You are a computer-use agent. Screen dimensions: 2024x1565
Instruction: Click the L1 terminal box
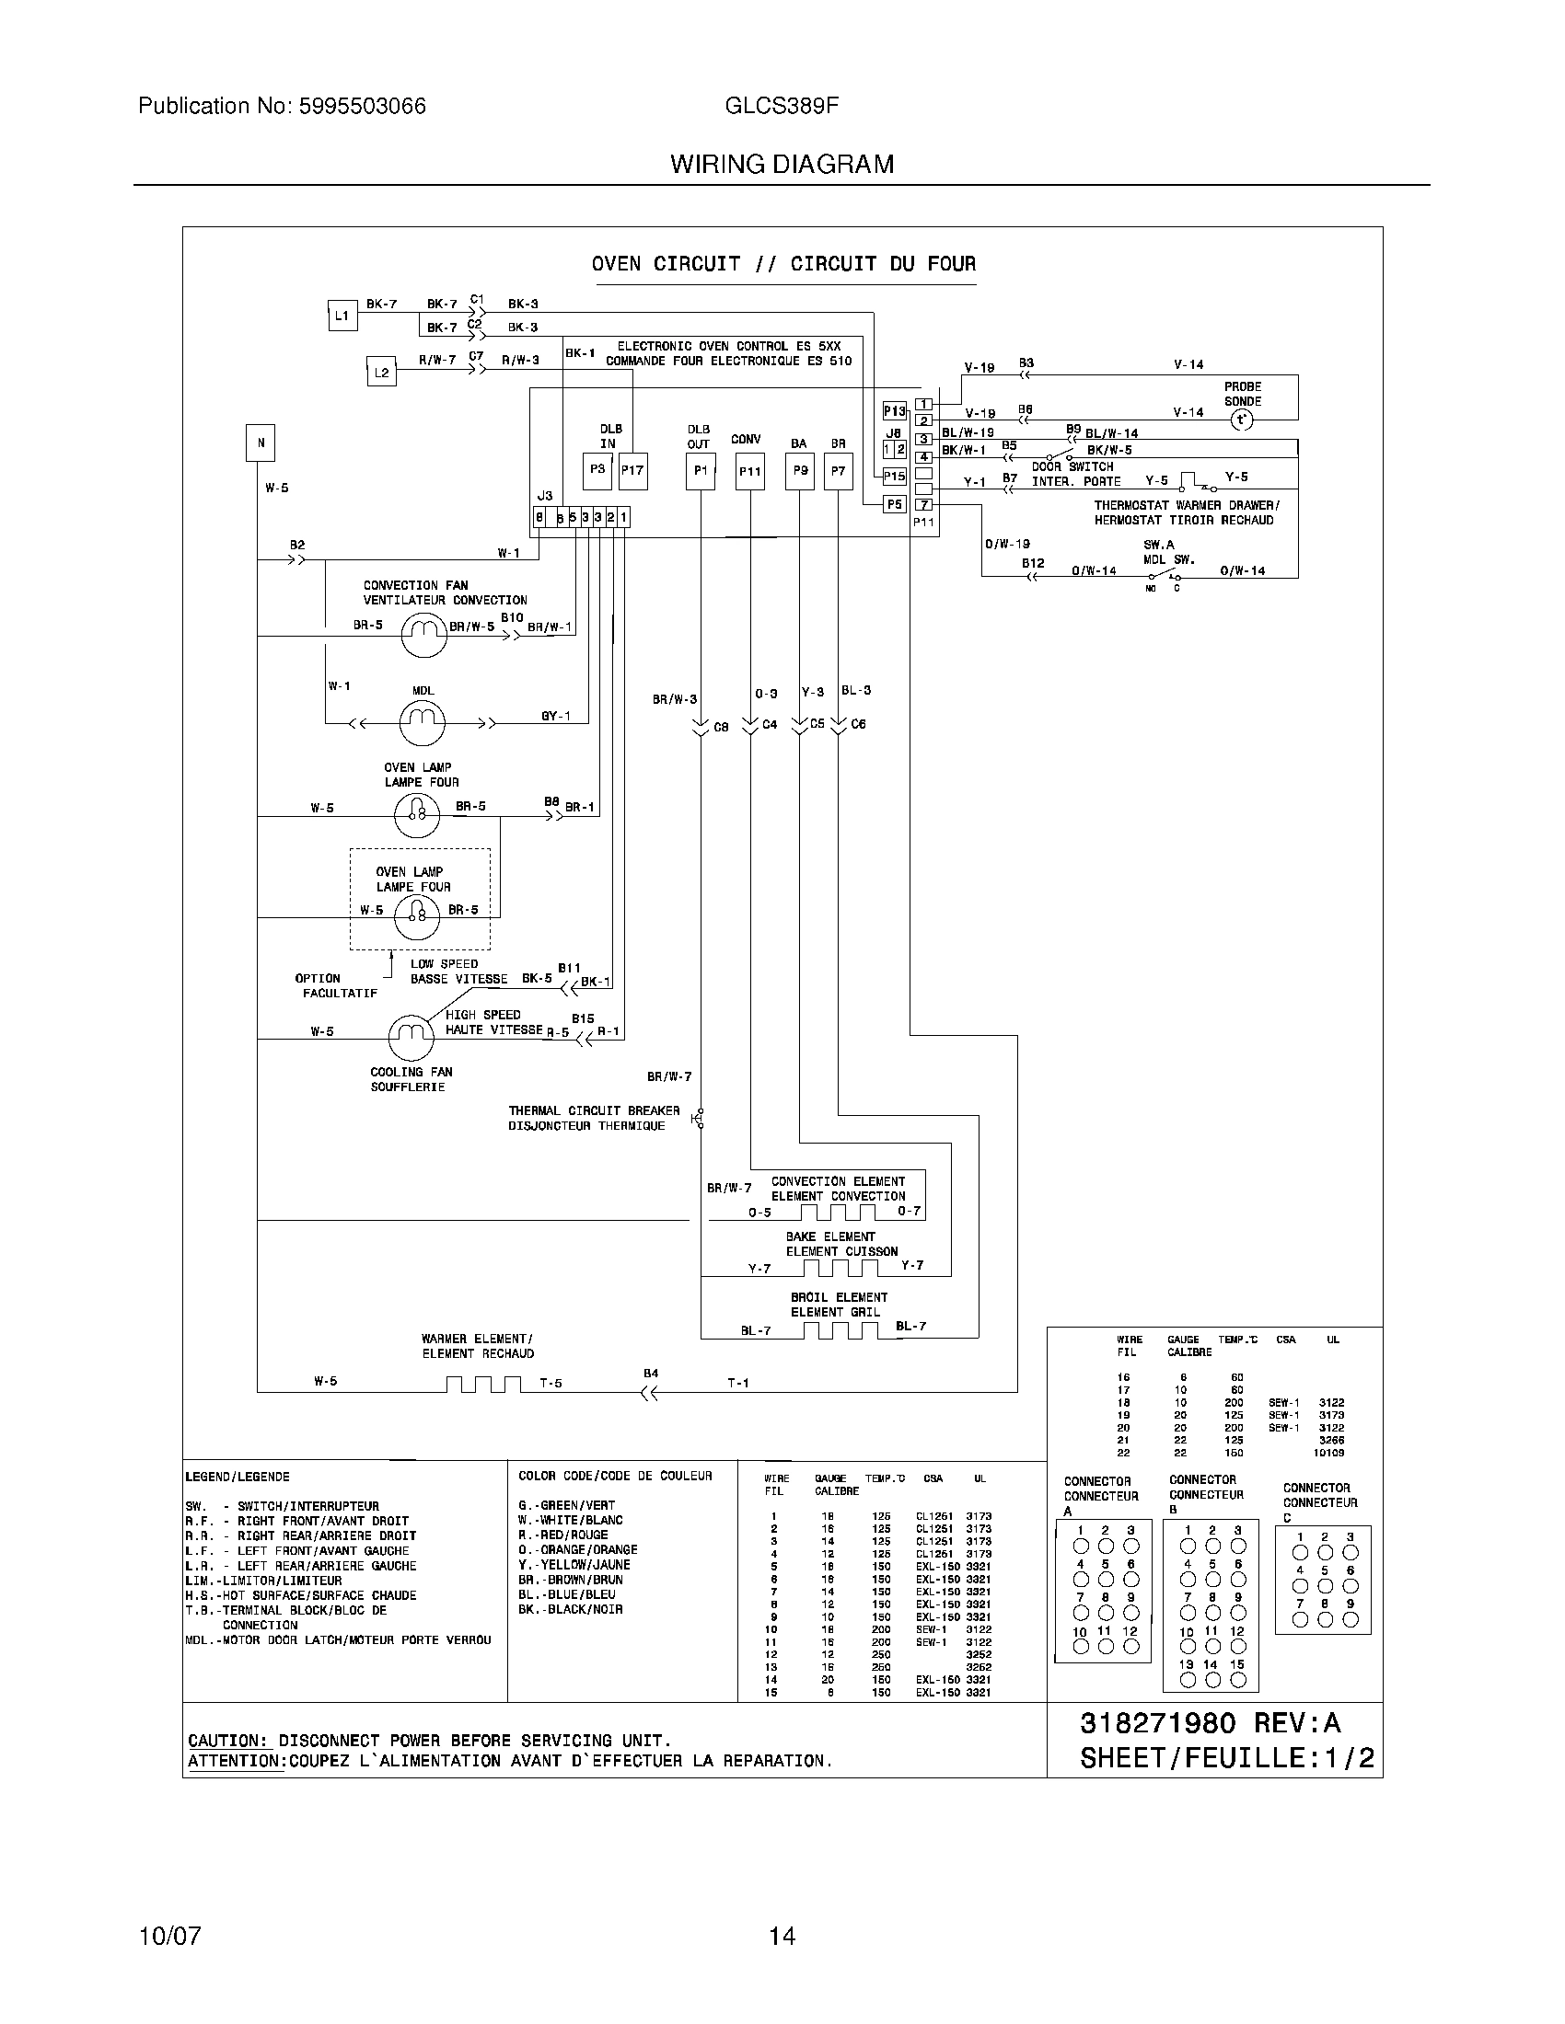pyautogui.click(x=342, y=316)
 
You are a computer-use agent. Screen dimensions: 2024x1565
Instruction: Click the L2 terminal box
pyautogui.click(x=381, y=373)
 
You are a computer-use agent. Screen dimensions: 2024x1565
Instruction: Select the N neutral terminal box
pyautogui.click(x=261, y=443)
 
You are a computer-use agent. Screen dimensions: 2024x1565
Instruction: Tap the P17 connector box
pyautogui.click(x=632, y=472)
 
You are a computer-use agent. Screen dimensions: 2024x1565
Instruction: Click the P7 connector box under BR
pyautogui.click(x=838, y=472)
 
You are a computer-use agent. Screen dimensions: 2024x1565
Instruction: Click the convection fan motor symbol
pyautogui.click(x=423, y=635)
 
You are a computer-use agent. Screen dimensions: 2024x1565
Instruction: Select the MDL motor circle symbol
pyautogui.click(x=423, y=722)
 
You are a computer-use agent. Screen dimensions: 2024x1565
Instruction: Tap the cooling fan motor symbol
pyautogui.click(x=411, y=1038)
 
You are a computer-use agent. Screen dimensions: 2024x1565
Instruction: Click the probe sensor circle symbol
pyautogui.click(x=1241, y=420)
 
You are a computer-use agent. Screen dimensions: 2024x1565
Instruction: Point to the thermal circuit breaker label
pyautogui.click(x=594, y=1118)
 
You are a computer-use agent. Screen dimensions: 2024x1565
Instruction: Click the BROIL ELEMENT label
pyautogui.click(x=838, y=1297)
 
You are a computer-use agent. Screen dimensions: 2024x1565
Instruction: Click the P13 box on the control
pyautogui.click(x=894, y=410)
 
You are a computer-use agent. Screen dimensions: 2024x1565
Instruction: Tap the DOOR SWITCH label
pyautogui.click(x=1072, y=466)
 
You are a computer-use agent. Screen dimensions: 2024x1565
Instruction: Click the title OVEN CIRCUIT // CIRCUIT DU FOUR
pyautogui.click(x=783, y=264)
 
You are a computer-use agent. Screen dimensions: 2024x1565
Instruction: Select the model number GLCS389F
pyautogui.click(x=782, y=107)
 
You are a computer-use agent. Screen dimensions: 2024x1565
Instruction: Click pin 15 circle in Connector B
pyautogui.click(x=1236, y=1679)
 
